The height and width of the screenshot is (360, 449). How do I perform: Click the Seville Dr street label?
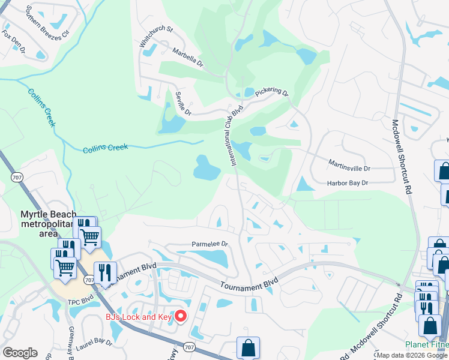click(183, 104)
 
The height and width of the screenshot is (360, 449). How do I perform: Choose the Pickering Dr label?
click(271, 92)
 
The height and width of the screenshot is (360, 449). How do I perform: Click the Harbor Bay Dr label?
click(346, 183)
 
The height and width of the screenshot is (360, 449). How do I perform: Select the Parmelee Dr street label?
click(210, 244)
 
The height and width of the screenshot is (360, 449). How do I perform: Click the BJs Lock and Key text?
click(139, 317)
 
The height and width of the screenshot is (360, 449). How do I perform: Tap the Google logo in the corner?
click(20, 353)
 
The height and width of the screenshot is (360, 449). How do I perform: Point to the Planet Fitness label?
click(427, 344)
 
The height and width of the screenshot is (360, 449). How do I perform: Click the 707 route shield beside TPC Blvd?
click(89, 280)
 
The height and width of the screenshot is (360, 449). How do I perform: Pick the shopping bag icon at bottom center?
click(248, 347)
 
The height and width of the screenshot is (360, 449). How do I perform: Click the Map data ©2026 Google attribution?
click(412, 355)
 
